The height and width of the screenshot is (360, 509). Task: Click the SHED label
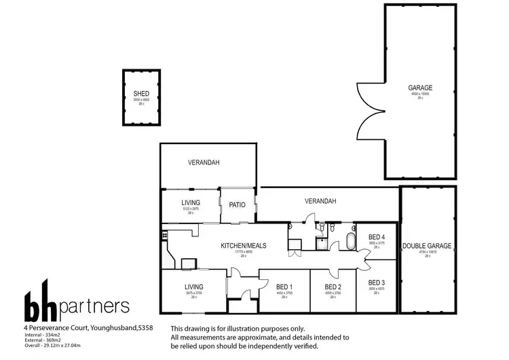141,94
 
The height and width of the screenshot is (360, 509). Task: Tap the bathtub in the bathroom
350,241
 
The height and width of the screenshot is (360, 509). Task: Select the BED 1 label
284,287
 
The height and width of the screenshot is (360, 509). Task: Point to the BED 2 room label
333,287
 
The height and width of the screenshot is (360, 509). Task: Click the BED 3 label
376,282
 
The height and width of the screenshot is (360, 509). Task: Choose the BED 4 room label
376,237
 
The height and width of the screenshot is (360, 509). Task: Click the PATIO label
237,204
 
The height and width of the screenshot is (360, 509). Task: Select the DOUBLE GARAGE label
427,246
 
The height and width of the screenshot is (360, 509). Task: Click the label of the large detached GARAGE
420,88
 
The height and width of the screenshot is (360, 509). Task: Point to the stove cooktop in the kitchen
164,235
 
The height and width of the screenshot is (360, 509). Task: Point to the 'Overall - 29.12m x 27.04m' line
56,345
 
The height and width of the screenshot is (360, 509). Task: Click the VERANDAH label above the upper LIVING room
203,162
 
